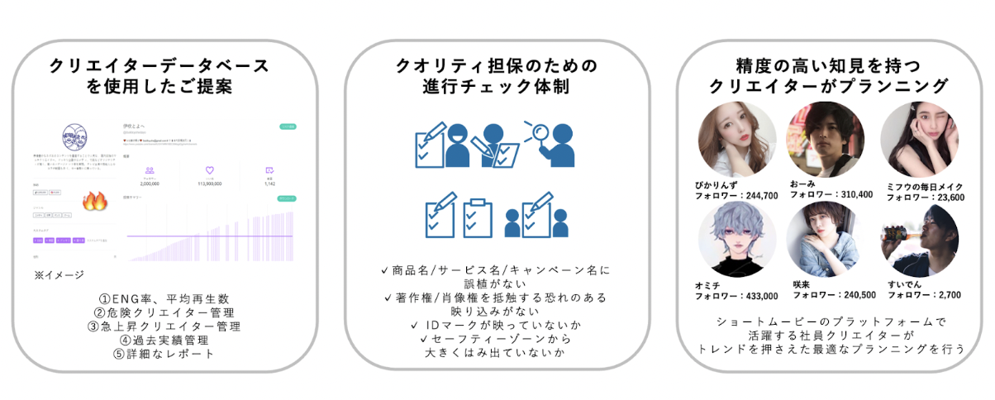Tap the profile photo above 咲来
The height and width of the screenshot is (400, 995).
[825, 240]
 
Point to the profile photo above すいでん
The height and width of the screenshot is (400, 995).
[919, 240]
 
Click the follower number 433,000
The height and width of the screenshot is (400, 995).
[759, 296]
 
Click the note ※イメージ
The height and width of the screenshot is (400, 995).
[58, 274]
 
